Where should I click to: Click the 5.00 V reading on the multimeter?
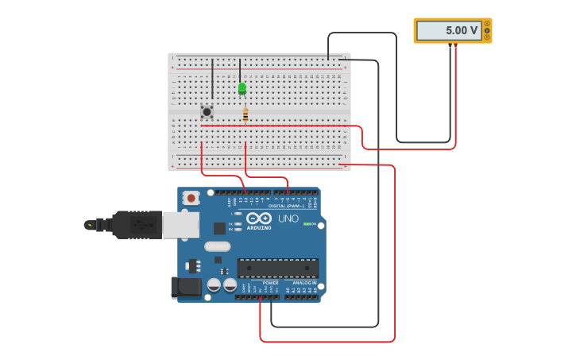pos(461,30)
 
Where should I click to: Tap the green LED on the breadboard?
pos(242,88)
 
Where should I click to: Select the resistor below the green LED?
pos(245,115)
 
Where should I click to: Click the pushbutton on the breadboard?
pos(207,112)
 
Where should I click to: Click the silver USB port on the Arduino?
pos(180,225)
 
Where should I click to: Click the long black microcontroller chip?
pos(277,268)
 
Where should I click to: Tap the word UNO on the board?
pos(288,219)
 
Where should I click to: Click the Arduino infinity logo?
pos(258,218)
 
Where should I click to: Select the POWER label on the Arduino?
pos(270,283)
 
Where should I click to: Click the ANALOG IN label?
pos(303,283)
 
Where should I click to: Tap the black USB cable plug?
pos(135,225)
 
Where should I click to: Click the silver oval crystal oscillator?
pos(217,246)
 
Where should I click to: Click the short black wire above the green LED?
pos(240,69)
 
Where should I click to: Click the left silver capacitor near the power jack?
pos(214,285)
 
